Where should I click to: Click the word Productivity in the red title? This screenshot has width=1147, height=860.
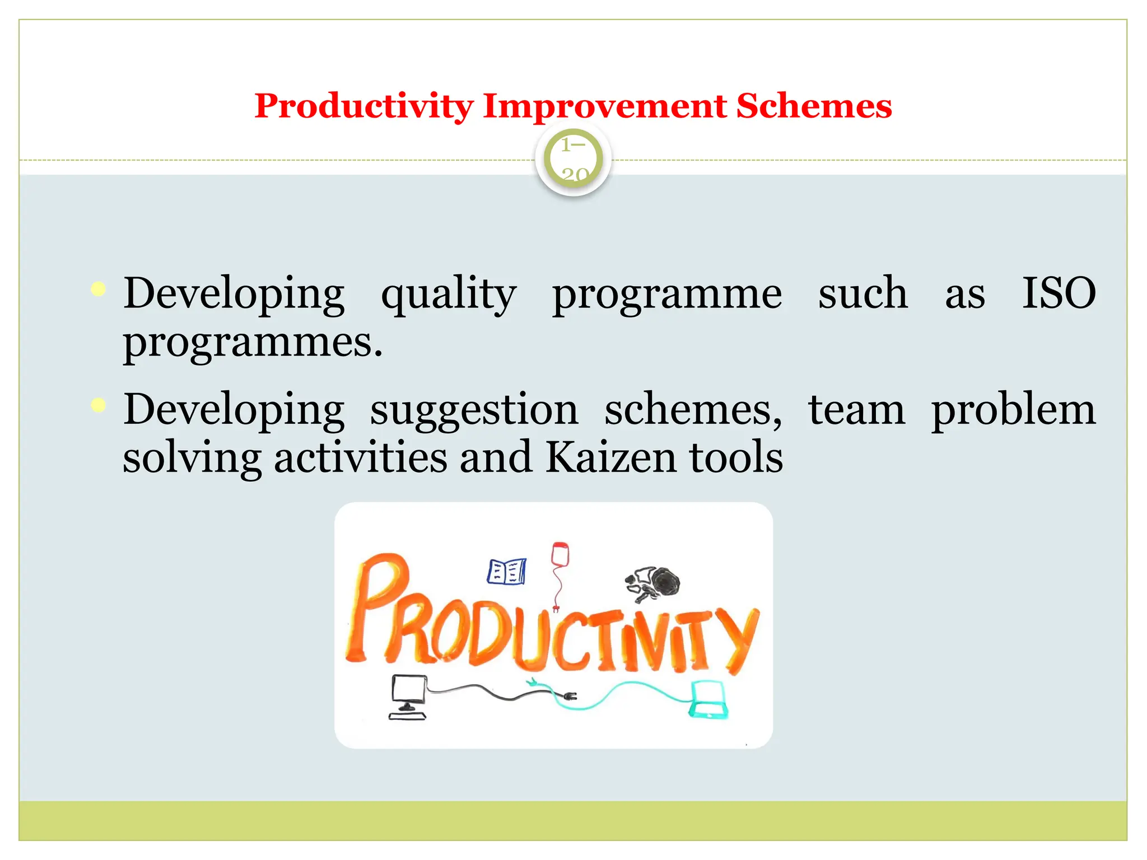click(364, 106)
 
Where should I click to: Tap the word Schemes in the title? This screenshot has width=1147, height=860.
click(813, 106)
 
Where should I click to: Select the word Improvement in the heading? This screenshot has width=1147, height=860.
click(604, 106)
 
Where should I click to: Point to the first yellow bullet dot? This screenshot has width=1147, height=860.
click(98, 289)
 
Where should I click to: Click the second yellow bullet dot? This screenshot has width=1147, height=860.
click(98, 405)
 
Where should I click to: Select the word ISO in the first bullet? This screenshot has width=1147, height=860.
click(1059, 293)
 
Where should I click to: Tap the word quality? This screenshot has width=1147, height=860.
click(448, 294)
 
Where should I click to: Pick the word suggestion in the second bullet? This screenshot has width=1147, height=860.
click(474, 410)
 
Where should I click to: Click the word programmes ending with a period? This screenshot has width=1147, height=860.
click(253, 343)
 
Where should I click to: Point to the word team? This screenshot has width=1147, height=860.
click(856, 410)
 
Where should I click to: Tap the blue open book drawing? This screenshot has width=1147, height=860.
click(506, 572)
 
